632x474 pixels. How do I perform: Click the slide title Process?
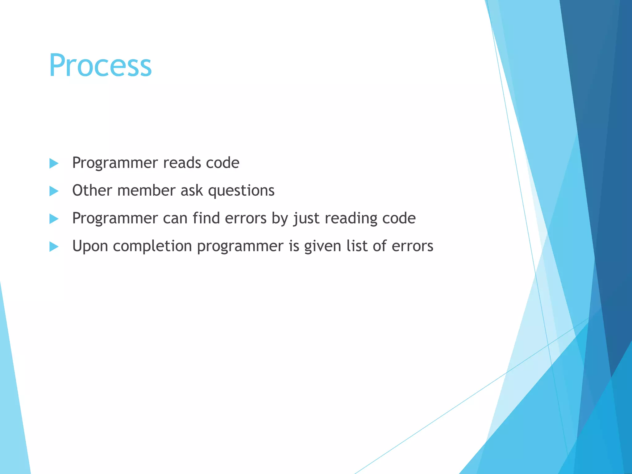tap(100, 65)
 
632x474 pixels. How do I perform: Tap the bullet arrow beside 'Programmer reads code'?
tap(54, 164)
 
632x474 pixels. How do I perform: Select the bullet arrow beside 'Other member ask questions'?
tap(54, 191)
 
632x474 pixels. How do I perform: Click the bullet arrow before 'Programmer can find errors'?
tap(54, 219)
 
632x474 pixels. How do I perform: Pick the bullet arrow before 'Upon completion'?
tap(54, 247)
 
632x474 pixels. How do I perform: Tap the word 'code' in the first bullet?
tap(222, 163)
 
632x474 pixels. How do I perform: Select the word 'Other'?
tap(92, 190)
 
